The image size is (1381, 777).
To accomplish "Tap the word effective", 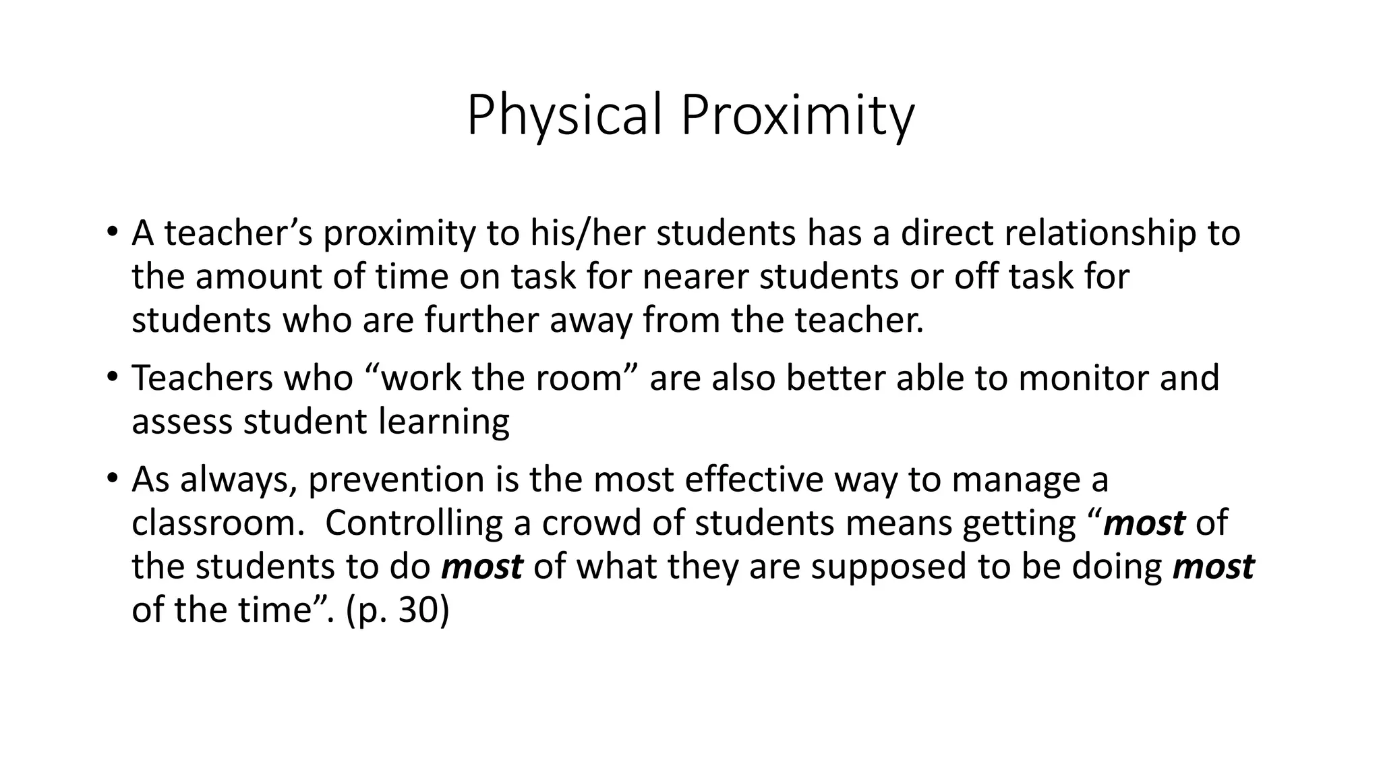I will pyautogui.click(x=754, y=480).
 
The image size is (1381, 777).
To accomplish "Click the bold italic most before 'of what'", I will pyautogui.click(x=481, y=567).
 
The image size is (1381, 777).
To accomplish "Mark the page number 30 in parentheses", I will pyautogui.click(x=417, y=610).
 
